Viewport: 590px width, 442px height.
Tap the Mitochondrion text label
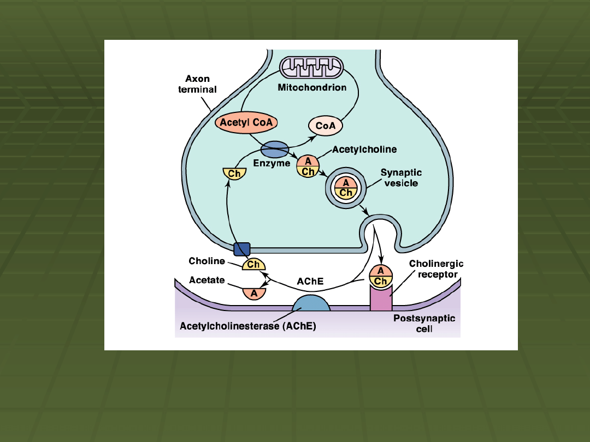(x=312, y=87)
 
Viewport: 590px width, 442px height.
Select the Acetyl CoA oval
(x=246, y=123)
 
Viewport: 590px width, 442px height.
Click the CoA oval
(x=326, y=126)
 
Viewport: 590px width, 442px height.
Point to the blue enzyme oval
(x=274, y=149)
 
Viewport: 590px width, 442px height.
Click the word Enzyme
(x=272, y=163)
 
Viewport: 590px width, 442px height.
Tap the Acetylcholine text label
(x=364, y=149)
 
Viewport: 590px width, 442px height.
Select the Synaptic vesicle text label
(x=401, y=177)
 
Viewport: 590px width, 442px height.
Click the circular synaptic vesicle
(x=346, y=188)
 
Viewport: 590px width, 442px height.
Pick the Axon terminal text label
(x=197, y=84)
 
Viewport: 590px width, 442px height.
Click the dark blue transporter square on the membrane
(x=241, y=249)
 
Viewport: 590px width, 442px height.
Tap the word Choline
(x=206, y=261)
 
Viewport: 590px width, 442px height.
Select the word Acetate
(x=206, y=280)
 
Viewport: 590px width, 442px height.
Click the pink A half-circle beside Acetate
(x=254, y=292)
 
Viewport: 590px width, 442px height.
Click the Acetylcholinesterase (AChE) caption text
(x=248, y=326)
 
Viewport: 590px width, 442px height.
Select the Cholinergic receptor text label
(x=436, y=269)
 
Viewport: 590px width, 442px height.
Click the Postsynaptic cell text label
(x=424, y=324)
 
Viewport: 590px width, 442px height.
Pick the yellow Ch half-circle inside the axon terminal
(x=234, y=174)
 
